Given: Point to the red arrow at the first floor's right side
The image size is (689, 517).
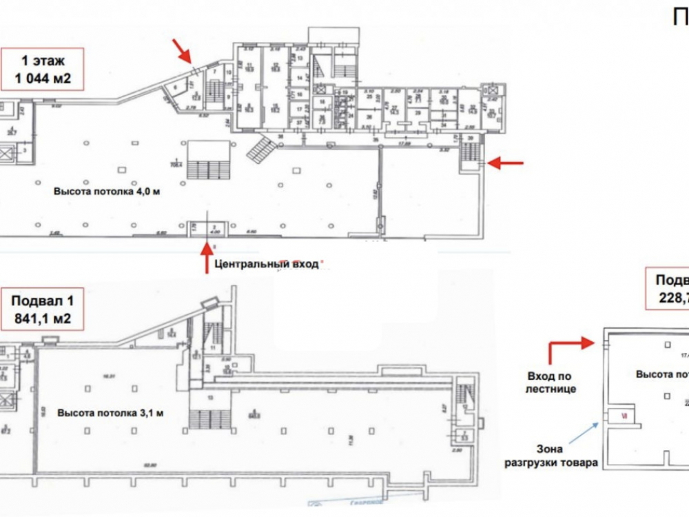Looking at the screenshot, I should click(506, 163).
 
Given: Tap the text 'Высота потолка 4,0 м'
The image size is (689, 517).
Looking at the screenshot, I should click(107, 191).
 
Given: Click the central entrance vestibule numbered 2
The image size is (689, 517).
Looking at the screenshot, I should click(212, 228).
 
